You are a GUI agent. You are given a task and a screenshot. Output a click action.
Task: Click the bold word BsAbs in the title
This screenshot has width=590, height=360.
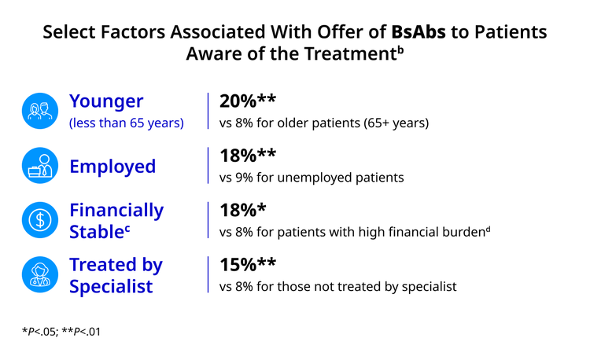point(419,32)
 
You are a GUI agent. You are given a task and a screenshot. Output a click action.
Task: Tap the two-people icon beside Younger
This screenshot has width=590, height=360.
point(40,111)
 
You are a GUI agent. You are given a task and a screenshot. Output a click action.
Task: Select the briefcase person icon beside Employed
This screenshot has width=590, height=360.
point(40,165)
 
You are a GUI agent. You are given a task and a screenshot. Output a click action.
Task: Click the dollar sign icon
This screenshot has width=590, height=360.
point(40,220)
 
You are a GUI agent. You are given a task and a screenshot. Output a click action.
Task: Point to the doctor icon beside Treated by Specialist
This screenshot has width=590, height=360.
point(40,274)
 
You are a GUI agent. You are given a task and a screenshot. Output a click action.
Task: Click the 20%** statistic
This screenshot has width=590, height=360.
point(248,101)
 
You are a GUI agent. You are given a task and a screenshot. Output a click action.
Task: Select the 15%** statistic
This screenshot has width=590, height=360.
point(248,265)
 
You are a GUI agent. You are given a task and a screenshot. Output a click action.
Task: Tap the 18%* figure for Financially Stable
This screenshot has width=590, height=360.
point(243,210)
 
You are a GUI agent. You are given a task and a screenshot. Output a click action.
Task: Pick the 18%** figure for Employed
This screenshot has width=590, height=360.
point(248,156)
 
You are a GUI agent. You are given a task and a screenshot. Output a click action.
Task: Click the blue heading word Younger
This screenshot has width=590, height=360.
point(106,101)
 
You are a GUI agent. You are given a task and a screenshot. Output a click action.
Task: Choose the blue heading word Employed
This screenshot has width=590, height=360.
point(112,167)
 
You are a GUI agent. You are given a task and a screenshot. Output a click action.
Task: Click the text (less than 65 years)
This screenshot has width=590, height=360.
point(127,123)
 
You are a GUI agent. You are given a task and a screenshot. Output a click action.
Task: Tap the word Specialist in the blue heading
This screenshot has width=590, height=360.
point(111,286)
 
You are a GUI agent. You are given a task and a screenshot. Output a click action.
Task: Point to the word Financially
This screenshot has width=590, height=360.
point(116,211)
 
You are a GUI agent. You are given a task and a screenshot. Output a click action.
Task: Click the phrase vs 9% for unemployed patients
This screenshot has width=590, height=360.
point(312,178)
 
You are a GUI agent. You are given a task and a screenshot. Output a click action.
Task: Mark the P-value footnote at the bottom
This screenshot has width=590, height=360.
point(61,332)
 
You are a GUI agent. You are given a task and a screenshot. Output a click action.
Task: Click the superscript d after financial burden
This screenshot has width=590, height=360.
point(488,229)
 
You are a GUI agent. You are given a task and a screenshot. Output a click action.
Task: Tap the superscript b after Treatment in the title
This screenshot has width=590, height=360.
point(400,50)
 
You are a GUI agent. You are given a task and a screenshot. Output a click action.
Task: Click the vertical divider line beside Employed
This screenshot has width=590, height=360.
point(208,165)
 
